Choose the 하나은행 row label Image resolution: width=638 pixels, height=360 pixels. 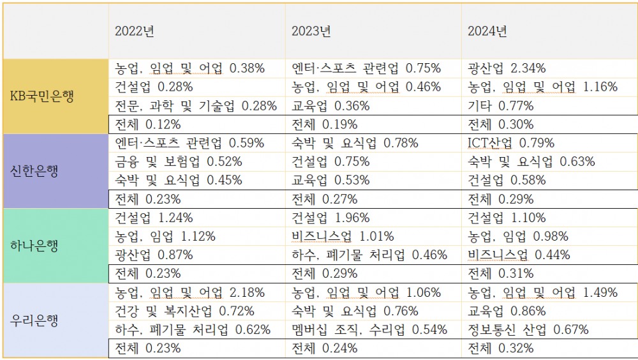[35, 246]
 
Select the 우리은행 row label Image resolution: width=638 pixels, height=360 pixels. [35, 320]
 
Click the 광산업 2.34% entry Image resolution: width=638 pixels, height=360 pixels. [507, 68]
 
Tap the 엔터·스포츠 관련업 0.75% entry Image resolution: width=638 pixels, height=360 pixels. [366, 68]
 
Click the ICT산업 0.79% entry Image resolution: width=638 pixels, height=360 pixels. [511, 143]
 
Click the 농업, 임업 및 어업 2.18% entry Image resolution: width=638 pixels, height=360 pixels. [189, 293]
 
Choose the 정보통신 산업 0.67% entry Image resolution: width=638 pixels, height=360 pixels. [528, 330]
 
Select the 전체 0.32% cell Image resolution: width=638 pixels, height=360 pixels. [501, 349]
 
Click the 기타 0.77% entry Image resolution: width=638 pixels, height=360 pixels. [500, 106]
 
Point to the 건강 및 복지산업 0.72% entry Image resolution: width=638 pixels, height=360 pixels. [184, 311]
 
